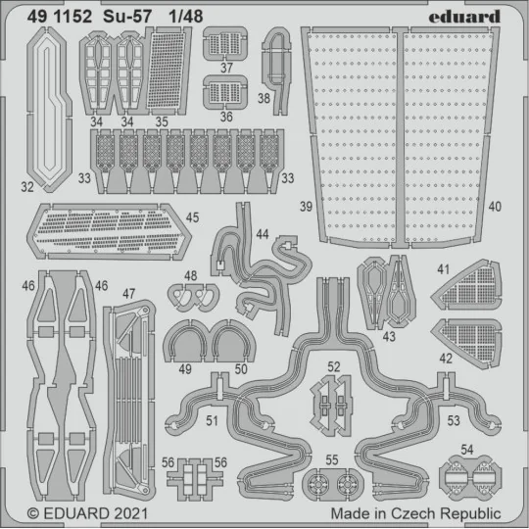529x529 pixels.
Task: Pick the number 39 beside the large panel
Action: [x=308, y=208]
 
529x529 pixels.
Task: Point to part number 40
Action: [x=494, y=208]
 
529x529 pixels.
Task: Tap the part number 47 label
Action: [x=128, y=293]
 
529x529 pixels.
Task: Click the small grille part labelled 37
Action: [x=225, y=45]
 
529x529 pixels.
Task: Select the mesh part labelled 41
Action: [x=466, y=286]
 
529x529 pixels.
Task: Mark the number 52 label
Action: [x=334, y=366]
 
